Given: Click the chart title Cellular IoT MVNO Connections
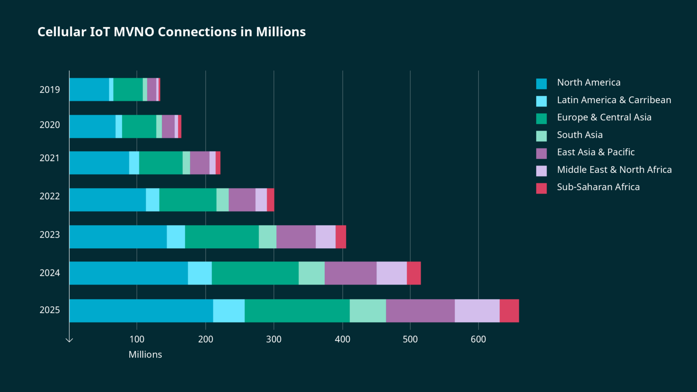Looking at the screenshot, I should (171, 32).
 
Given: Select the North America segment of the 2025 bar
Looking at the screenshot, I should (141, 311).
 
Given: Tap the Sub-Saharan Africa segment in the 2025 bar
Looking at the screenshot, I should (509, 311).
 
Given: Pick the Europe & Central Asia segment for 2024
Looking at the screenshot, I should (255, 273).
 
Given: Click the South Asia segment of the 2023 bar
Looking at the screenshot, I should (268, 237).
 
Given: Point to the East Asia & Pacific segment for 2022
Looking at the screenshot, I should (242, 200).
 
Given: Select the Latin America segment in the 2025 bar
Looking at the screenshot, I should (229, 311).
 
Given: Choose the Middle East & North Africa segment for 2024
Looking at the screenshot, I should (392, 273).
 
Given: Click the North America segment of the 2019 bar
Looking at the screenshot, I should (89, 90).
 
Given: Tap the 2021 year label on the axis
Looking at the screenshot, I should (50, 158).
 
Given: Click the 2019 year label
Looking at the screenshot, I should (50, 90).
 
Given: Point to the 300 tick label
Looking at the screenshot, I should (273, 339).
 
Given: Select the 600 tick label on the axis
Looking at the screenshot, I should (478, 339).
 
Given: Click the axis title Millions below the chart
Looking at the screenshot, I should (145, 355).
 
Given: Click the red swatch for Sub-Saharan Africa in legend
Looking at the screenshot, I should (541, 188).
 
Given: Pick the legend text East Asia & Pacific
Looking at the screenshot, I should (595, 152).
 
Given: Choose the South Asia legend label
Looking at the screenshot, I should (579, 135).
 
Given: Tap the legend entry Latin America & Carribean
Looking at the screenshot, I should (614, 100).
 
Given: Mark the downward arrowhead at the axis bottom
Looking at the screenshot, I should (69, 340).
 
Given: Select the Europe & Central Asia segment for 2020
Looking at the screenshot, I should (139, 126).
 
